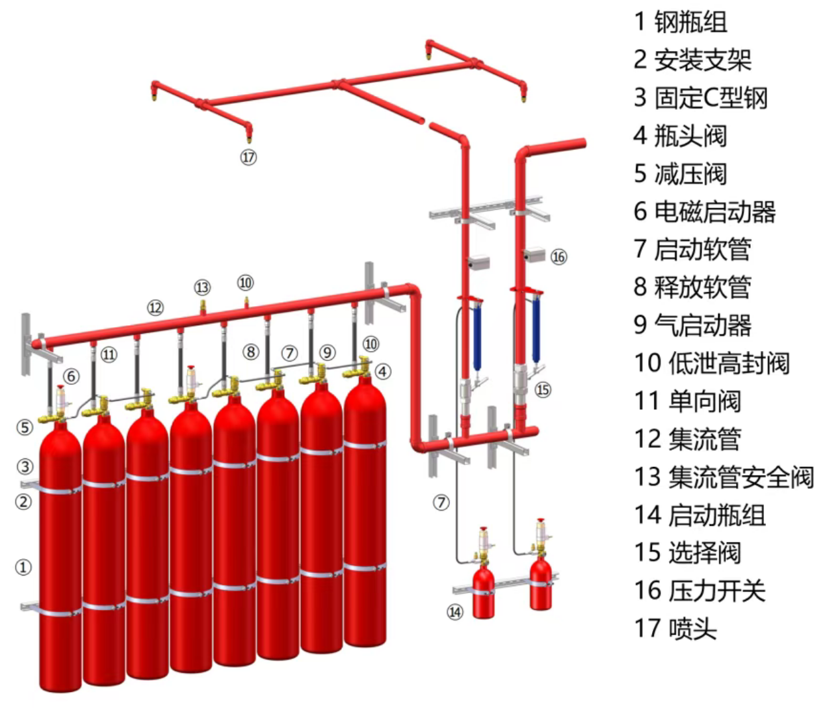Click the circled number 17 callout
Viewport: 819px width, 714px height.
(248, 157)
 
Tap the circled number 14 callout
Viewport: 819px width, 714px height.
(455, 612)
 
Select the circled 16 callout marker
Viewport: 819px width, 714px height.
(559, 257)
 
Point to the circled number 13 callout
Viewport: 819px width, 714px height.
(202, 287)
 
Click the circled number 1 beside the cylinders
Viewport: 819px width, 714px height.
(23, 567)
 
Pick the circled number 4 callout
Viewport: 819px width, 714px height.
(383, 372)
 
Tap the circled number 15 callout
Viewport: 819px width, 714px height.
(543, 389)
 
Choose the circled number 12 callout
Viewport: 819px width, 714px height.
(155, 307)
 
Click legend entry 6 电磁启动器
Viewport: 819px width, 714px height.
(704, 211)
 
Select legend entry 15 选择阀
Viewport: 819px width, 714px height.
(687, 552)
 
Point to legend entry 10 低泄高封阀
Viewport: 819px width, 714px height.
(712, 363)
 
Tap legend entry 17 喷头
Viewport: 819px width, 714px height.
(675, 628)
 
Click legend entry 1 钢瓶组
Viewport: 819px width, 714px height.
(681, 22)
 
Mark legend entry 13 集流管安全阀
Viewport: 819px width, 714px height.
(724, 477)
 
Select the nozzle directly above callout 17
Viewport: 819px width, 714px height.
(249, 136)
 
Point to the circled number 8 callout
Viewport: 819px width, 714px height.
(250, 352)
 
